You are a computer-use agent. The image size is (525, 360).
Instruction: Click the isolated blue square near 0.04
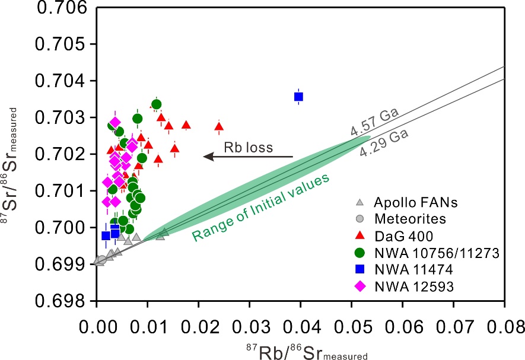pos(299,97)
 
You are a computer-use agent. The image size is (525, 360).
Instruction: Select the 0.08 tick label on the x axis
pos(504,327)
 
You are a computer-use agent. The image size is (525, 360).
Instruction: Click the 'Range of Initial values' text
pos(261,208)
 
